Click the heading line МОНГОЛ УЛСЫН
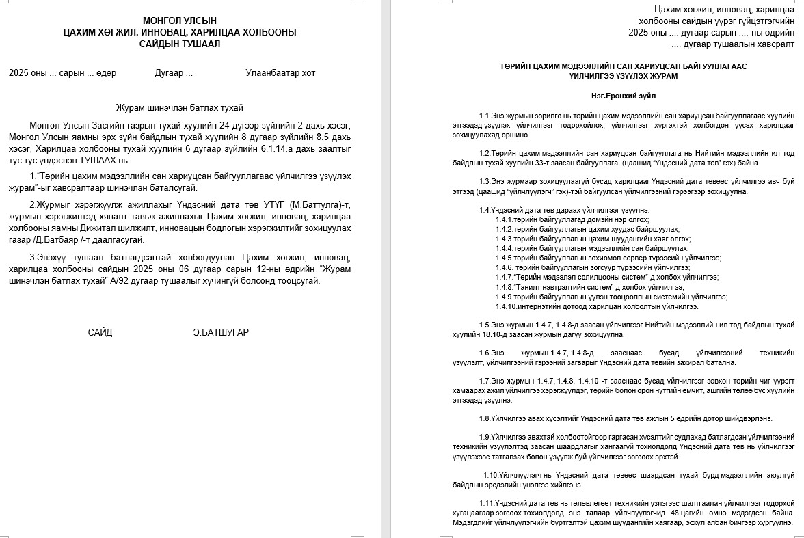[180, 21]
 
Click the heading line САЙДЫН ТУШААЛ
[180, 44]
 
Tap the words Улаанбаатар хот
[280, 73]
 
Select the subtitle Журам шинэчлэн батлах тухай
[180, 107]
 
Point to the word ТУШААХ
[100, 159]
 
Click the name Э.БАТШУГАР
[221, 332]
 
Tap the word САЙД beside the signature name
[100, 332]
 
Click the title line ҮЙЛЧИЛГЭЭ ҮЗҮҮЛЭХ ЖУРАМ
[624, 77]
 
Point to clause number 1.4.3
[505, 239]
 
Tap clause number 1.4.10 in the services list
[506, 306]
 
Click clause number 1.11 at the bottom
[487, 503]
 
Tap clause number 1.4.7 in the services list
[505, 277]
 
